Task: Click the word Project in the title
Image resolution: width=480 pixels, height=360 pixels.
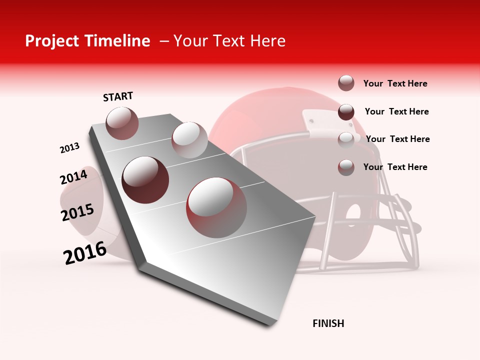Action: click(52, 41)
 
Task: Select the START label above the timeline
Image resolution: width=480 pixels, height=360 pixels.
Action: click(118, 96)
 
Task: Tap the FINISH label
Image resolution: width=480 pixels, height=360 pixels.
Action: click(328, 323)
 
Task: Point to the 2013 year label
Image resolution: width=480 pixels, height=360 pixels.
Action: click(69, 148)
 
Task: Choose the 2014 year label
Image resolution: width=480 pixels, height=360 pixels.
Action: click(73, 177)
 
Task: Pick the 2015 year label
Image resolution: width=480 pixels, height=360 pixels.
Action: click(77, 212)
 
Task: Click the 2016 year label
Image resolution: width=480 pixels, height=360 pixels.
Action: click(85, 253)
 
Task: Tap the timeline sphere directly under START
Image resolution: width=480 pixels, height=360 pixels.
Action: click(122, 123)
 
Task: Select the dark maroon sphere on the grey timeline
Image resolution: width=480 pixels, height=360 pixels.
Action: click(145, 180)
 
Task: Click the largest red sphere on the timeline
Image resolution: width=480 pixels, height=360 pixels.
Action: click(216, 207)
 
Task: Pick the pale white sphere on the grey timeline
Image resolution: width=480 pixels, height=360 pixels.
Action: click(189, 139)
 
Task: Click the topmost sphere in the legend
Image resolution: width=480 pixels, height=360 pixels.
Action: click(346, 83)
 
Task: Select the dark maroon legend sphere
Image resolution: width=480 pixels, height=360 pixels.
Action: click(346, 112)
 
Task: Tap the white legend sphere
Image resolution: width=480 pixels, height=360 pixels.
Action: click(346, 139)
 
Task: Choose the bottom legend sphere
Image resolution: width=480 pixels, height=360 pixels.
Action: click(346, 167)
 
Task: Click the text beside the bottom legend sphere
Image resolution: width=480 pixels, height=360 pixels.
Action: click(395, 167)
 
